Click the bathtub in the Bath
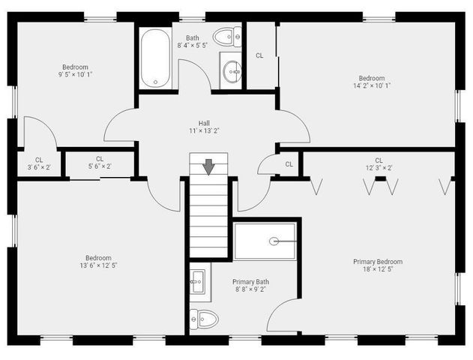[x=155, y=59]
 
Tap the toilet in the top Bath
[x=226, y=36]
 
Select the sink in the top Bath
[x=232, y=72]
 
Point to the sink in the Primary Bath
[x=198, y=283]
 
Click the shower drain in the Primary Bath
[x=274, y=241]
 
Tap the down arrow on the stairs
[x=208, y=166]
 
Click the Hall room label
[x=204, y=123]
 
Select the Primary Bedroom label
[x=378, y=262]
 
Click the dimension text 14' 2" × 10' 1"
[x=371, y=85]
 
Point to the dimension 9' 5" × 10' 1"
[x=75, y=74]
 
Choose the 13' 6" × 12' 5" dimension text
[x=98, y=265]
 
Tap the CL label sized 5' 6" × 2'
[x=99, y=157]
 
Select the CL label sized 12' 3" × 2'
[x=379, y=160]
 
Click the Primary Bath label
[x=250, y=282]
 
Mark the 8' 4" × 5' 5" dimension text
[x=193, y=46]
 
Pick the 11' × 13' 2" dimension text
[x=204, y=130]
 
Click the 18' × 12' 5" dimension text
[x=378, y=269]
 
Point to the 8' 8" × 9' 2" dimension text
[x=250, y=289]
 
